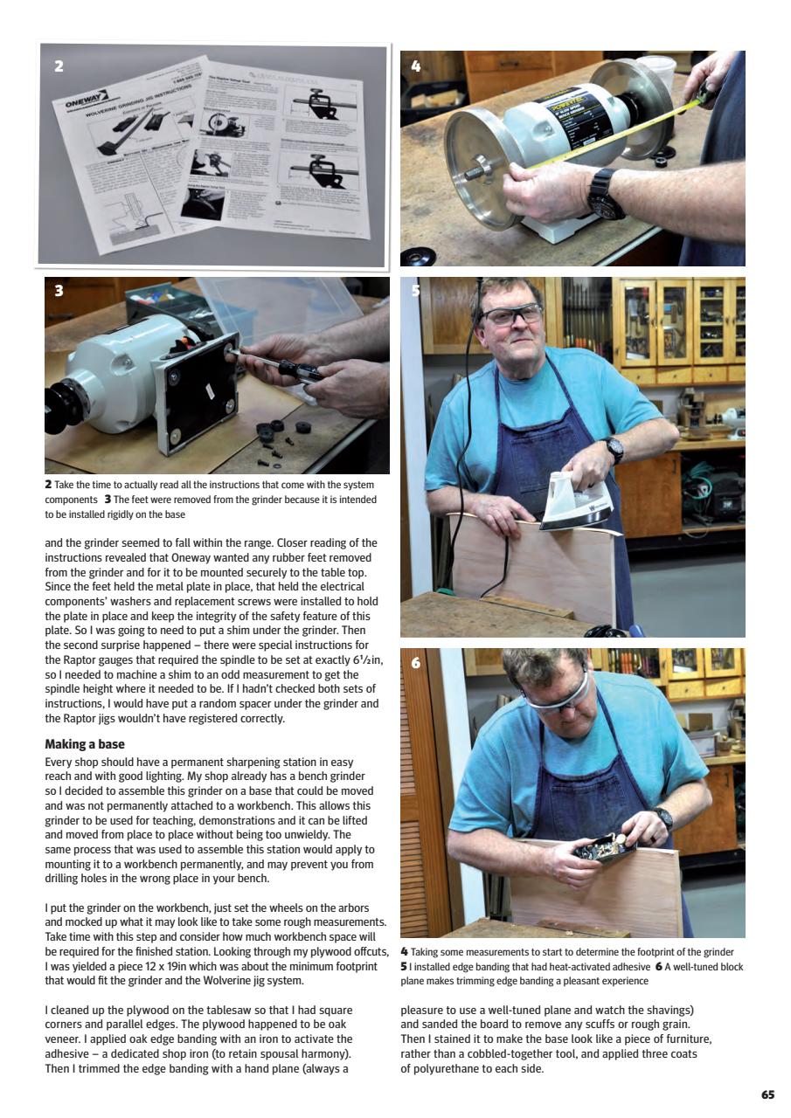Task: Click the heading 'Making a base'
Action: (85, 744)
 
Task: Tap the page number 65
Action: (767, 1094)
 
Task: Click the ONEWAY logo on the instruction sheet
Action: (86, 104)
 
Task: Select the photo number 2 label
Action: (59, 66)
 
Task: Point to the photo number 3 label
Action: (59, 291)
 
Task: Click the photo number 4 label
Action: (415, 66)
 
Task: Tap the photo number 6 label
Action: (415, 663)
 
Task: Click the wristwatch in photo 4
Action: (605, 194)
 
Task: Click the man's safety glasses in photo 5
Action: (511, 314)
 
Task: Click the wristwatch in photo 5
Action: (615, 449)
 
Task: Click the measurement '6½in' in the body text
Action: (363, 660)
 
